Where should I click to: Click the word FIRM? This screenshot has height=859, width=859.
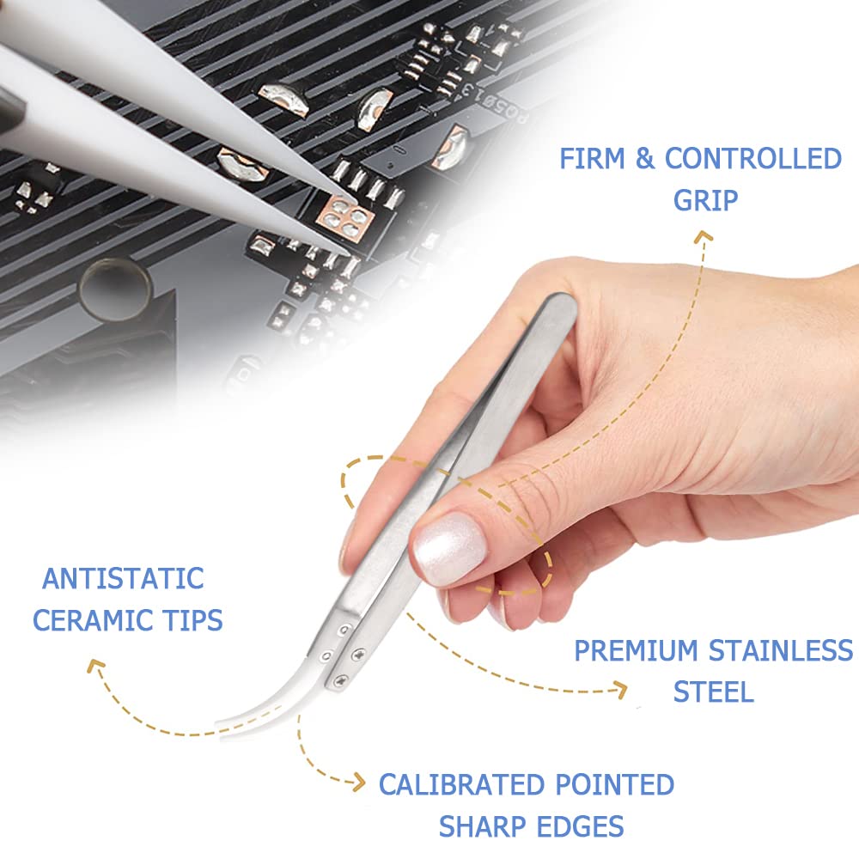(593, 158)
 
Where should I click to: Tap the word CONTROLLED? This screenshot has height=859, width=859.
(752, 158)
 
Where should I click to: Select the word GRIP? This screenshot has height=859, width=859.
(705, 200)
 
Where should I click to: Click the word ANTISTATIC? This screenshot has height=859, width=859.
(123, 578)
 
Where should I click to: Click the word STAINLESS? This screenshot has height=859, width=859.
(781, 651)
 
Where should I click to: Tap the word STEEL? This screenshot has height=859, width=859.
(713, 691)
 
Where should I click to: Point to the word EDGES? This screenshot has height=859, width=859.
(580, 826)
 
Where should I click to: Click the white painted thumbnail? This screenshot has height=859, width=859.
(450, 548)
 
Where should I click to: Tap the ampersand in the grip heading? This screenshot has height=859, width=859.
(645, 158)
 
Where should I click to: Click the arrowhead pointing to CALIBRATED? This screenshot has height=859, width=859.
(359, 782)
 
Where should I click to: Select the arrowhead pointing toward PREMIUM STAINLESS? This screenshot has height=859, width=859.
(621, 690)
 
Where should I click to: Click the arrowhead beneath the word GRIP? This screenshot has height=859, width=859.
(704, 237)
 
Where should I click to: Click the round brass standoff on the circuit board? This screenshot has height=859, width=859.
(115, 289)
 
